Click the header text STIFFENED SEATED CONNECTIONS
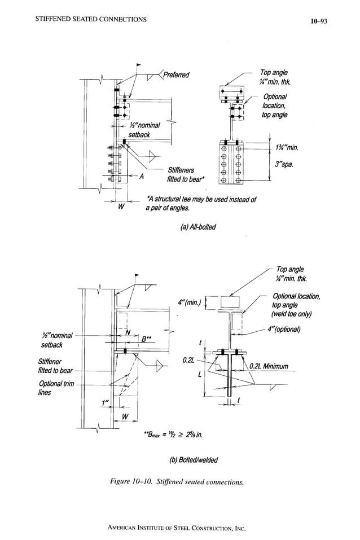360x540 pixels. (90, 20)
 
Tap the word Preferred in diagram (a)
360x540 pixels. (177, 75)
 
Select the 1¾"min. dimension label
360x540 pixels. (286, 148)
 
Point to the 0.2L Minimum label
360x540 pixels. (269, 366)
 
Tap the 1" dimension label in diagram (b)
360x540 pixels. (104, 403)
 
